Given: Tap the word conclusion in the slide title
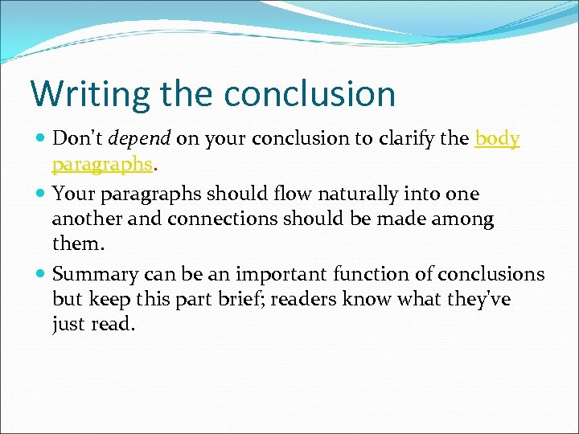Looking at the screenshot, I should (310, 94).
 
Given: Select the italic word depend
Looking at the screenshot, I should (139, 138).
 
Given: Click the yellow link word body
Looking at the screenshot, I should (498, 138).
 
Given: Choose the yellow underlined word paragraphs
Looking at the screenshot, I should (102, 164).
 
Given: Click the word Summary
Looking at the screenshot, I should (90, 274).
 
